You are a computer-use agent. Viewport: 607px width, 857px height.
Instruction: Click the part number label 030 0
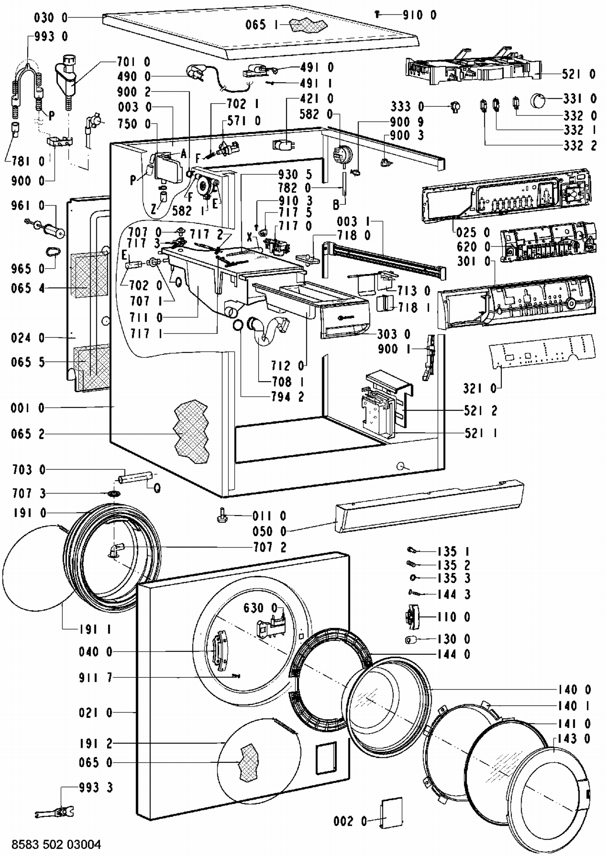click(51, 18)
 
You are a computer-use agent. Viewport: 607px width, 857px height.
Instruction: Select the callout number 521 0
click(579, 74)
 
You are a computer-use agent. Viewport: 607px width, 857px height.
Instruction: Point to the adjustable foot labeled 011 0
click(222, 517)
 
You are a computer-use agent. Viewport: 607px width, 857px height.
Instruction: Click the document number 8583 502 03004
click(56, 844)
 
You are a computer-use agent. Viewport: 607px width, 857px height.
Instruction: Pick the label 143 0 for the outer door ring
click(574, 739)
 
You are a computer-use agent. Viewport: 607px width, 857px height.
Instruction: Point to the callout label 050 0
click(270, 531)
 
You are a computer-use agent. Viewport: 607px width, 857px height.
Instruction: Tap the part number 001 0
click(28, 408)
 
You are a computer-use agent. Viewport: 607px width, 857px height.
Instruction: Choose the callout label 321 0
click(480, 388)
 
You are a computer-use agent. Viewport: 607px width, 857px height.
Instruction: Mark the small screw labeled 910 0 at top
click(377, 15)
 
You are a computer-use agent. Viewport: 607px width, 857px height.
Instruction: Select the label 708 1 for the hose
click(288, 382)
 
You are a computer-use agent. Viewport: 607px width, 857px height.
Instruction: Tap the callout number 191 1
click(95, 629)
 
